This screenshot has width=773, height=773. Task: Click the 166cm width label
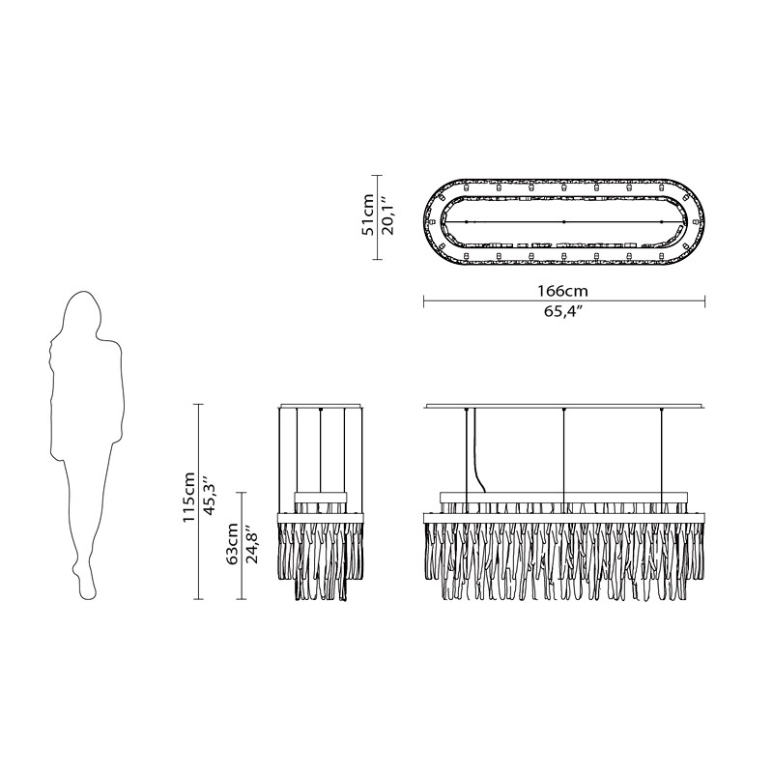562,291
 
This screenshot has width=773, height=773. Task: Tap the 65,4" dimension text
563,312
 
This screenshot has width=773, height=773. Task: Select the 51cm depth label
368,215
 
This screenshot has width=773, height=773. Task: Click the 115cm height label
189,498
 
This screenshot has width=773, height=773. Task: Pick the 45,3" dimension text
211,496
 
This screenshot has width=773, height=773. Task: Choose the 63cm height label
232,543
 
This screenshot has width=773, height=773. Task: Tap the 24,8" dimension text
253,544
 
